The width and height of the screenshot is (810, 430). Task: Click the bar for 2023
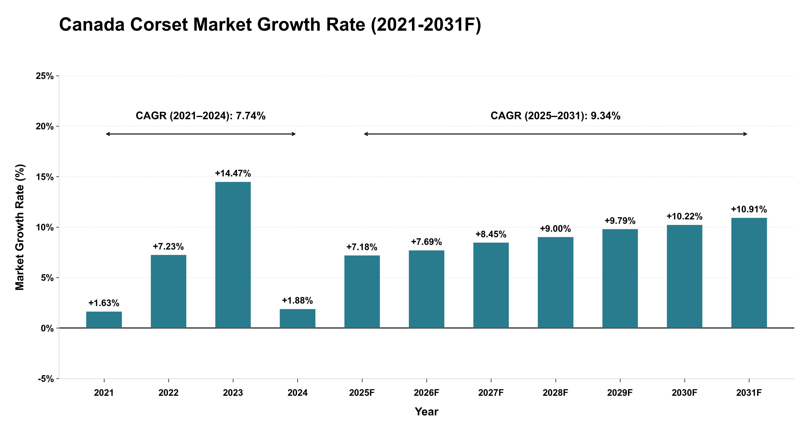tap(233, 255)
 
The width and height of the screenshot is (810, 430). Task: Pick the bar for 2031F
tap(749, 273)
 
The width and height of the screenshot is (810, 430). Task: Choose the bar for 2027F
tap(491, 285)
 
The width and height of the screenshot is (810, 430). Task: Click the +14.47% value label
tap(233, 174)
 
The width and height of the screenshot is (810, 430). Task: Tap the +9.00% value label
tap(555, 228)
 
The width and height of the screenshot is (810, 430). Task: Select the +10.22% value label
tap(685, 217)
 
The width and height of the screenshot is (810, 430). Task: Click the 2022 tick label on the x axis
tap(169, 393)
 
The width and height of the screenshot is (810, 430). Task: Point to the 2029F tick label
tap(620, 393)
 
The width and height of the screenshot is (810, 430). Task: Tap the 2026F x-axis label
tap(426, 393)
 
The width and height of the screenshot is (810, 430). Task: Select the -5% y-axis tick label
tap(46, 379)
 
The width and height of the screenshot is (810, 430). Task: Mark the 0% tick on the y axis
tap(47, 328)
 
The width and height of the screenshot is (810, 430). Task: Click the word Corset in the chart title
tap(159, 24)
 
